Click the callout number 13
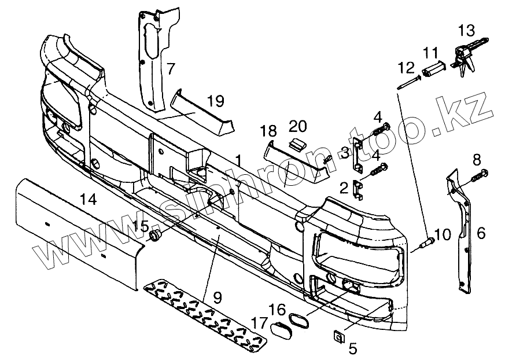click(x=466, y=30)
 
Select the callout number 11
click(x=430, y=53)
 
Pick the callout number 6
click(x=481, y=233)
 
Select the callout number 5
click(x=353, y=348)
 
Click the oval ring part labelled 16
click(x=300, y=322)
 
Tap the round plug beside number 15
click(x=155, y=234)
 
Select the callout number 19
click(x=215, y=102)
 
